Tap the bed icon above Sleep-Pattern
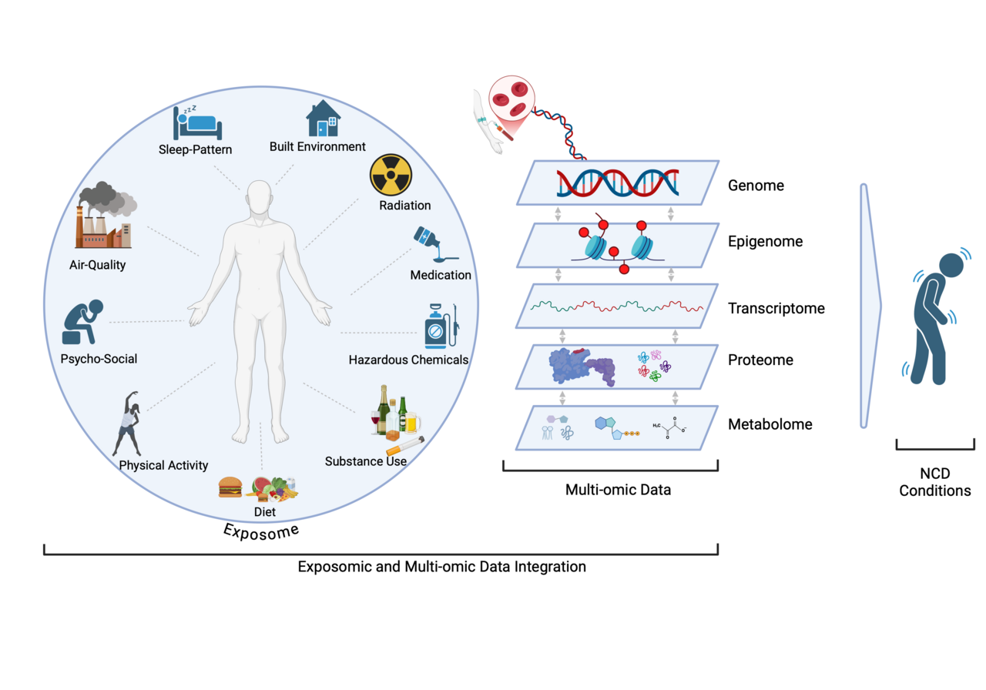(x=197, y=121)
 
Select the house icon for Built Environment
(x=323, y=119)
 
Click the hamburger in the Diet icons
(x=230, y=487)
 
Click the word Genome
(x=756, y=186)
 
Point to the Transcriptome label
(x=776, y=309)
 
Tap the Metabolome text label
(x=770, y=424)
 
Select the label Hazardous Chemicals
(x=408, y=360)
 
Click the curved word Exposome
(x=261, y=531)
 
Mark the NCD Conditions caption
(x=935, y=482)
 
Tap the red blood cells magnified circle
(x=510, y=100)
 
